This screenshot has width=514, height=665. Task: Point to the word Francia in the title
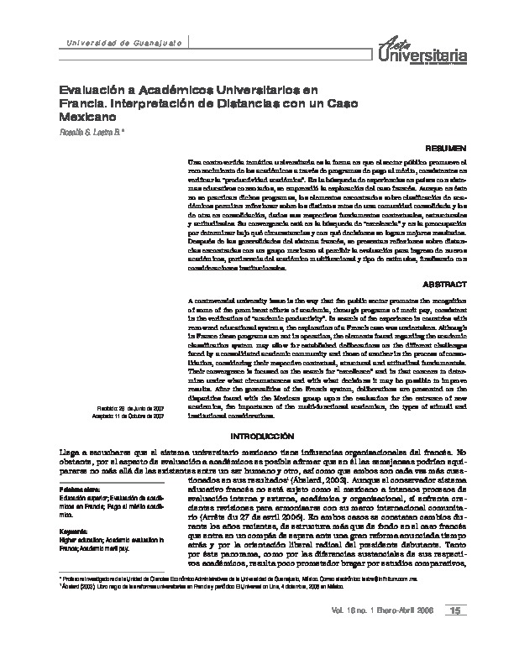81,104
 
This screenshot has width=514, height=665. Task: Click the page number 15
479,633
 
